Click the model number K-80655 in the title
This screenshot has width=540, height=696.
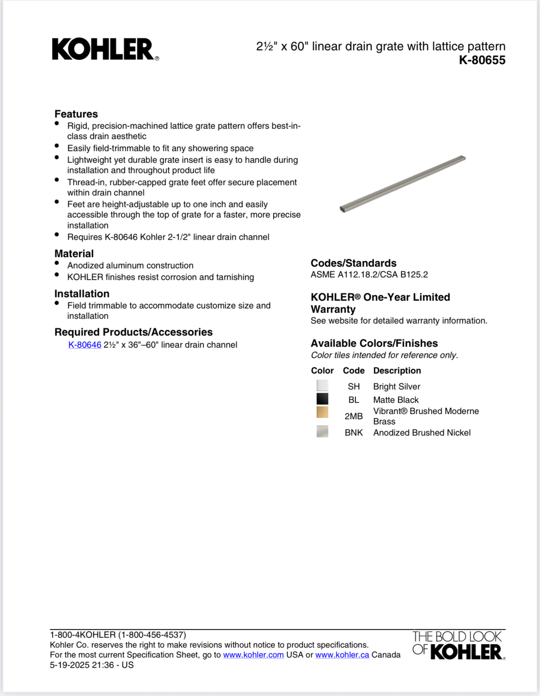[x=482, y=60]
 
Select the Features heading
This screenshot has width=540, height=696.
[x=76, y=114]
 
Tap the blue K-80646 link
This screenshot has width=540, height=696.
[x=85, y=345]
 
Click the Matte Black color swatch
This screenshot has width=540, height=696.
[x=322, y=399]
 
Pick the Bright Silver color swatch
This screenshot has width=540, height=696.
[x=322, y=386]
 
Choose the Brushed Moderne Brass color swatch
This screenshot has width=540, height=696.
[x=322, y=412]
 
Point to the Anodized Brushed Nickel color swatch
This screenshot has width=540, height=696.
[x=322, y=431]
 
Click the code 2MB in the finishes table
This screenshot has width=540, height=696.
[x=354, y=416]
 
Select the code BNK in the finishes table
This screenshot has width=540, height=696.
[x=354, y=433]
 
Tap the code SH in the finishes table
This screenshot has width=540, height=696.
[x=354, y=387]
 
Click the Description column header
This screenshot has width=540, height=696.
[x=397, y=371]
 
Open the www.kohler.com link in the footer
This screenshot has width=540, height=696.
[x=253, y=655]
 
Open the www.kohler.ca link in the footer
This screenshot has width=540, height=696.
[x=342, y=655]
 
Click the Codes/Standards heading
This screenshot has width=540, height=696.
[x=354, y=263]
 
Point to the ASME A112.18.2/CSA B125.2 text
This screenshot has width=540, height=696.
[x=369, y=275]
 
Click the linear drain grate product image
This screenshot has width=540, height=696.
[x=403, y=184]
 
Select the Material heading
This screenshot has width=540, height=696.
[x=74, y=254]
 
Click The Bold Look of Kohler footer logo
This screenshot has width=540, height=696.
[x=458, y=645]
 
